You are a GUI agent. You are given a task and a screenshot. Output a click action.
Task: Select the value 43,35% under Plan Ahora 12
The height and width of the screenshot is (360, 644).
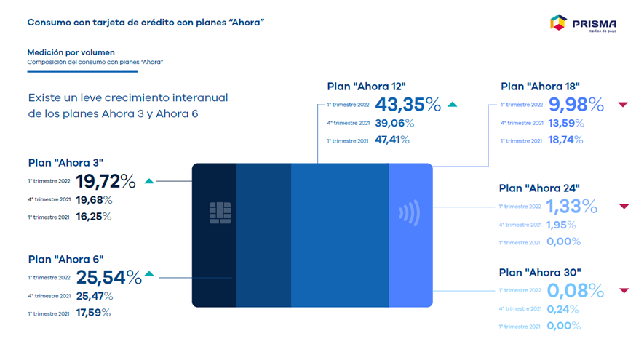[x=408, y=104]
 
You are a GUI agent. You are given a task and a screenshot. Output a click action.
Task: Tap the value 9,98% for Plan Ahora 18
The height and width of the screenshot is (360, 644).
[x=576, y=104]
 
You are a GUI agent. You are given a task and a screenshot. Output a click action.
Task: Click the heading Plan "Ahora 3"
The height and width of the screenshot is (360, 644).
[x=65, y=163]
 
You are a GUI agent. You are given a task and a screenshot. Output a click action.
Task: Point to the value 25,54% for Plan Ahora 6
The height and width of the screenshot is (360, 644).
[x=109, y=277]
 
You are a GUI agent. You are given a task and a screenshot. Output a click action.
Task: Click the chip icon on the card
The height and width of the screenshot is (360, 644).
[x=220, y=212]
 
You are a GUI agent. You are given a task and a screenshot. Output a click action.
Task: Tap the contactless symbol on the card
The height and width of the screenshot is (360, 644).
[x=409, y=212]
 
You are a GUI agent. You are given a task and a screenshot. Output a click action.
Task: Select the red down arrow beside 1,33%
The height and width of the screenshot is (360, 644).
[x=624, y=206]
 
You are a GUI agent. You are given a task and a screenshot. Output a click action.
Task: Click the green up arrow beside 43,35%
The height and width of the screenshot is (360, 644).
[x=452, y=104]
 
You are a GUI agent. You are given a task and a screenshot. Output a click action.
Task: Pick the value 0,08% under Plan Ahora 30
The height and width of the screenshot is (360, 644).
[x=576, y=291]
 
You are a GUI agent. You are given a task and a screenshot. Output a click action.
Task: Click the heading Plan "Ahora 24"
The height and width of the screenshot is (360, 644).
[x=539, y=188]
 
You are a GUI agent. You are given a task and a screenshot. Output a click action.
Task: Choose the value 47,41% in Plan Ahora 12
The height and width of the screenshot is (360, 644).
[x=392, y=140]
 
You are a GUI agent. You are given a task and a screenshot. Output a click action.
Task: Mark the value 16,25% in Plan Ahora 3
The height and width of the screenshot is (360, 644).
[x=94, y=216]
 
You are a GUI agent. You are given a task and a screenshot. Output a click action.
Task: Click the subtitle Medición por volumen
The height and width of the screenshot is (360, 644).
[x=71, y=52]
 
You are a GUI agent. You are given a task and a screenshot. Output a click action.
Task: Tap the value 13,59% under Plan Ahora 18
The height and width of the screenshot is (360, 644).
[x=566, y=123]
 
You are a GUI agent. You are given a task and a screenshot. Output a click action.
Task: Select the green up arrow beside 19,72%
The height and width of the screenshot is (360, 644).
[x=149, y=181]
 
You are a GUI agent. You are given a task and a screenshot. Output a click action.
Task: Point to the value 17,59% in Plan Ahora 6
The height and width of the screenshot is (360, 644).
[x=93, y=313]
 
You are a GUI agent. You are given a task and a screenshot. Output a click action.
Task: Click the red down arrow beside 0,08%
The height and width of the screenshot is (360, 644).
[x=624, y=290]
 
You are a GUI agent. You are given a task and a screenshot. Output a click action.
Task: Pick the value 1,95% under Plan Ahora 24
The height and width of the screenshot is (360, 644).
[x=561, y=225]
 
